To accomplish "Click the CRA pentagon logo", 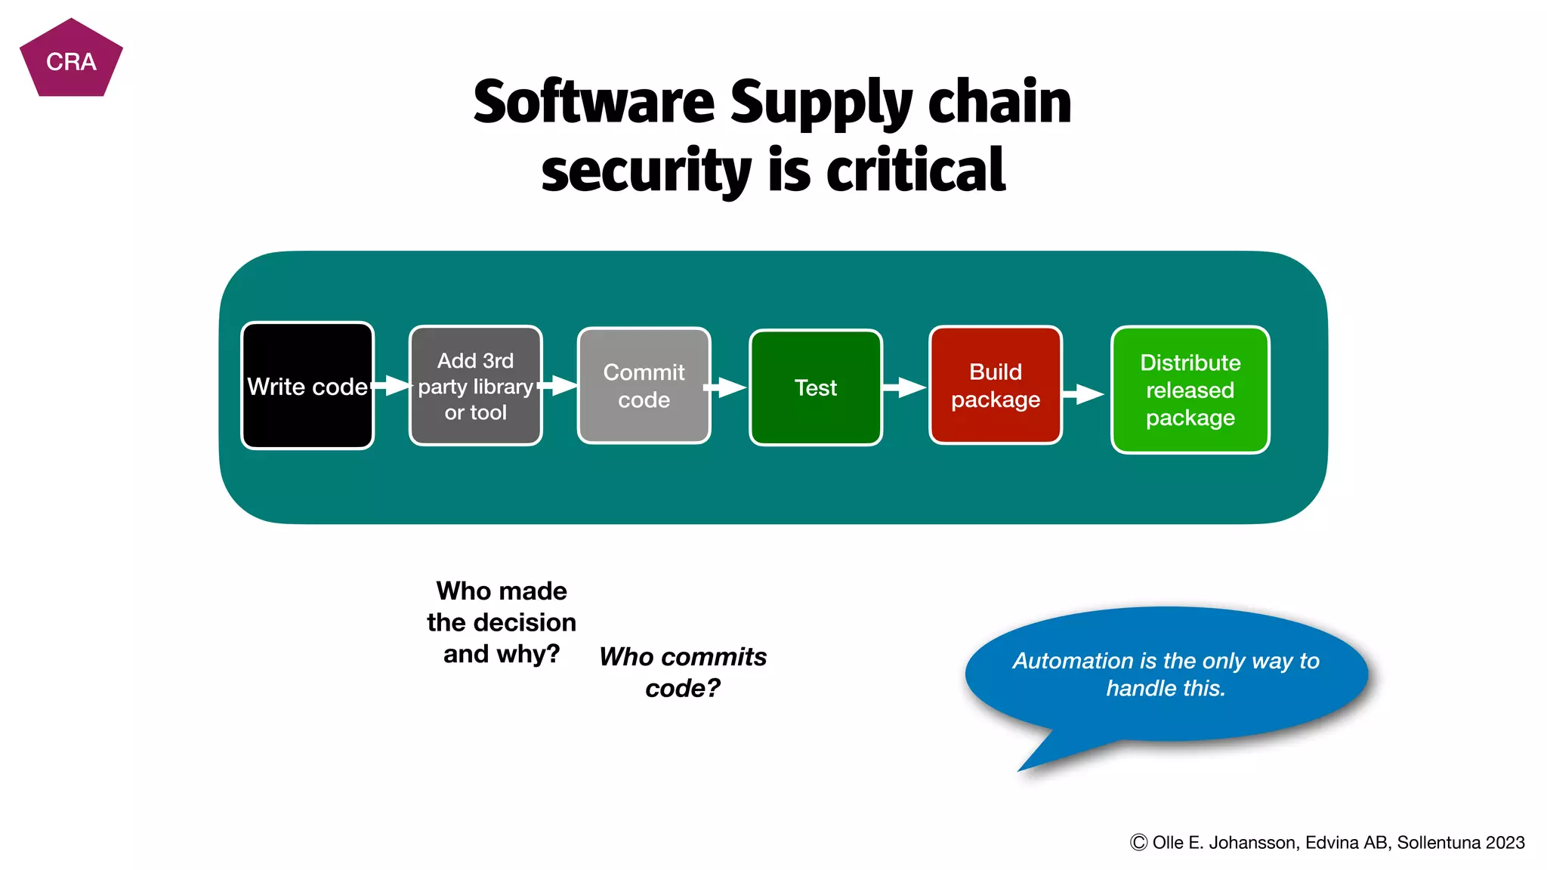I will (71, 60).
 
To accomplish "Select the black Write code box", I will (307, 386).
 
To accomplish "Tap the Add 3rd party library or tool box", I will (475, 386).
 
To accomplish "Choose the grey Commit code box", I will (644, 386).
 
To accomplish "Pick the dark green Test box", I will (816, 387).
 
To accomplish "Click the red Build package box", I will (996, 385).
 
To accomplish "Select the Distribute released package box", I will (1190, 390).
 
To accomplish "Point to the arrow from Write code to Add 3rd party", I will (392, 385).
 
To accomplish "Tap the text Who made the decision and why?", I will (502, 622).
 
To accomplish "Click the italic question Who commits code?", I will (683, 672).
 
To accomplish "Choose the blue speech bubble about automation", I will (1166, 674).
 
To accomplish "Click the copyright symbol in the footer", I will (1138, 843).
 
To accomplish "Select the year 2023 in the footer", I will (1505, 843).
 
